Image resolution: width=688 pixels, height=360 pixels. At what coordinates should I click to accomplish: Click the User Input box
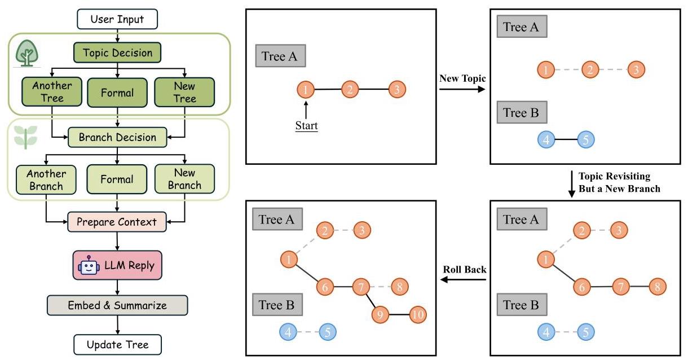point(117,19)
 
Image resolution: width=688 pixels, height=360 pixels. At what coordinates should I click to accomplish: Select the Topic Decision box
point(117,52)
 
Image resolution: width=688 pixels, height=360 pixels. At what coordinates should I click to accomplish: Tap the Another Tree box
point(52,91)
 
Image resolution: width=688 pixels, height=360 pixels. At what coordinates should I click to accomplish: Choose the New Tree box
point(184,92)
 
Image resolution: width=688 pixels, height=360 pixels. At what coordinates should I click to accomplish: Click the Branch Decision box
point(117,137)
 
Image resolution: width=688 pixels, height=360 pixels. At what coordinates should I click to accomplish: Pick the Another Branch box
point(46,180)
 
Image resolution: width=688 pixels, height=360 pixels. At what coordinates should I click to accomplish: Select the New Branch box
point(184,179)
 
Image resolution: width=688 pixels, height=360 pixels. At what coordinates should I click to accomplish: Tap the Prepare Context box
point(117,222)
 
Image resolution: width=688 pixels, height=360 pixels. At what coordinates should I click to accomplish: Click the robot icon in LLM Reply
point(89,266)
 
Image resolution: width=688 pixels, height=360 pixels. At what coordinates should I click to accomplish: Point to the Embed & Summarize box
point(117,305)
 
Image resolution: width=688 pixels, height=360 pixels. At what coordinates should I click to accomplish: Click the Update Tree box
point(117,345)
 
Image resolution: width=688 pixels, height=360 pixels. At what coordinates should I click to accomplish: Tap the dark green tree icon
point(27,53)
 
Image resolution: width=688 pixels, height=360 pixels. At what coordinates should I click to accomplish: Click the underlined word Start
point(307,126)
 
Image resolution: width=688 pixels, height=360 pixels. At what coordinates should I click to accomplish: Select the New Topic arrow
point(462,89)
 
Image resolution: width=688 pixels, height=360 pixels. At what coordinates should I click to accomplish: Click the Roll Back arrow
point(463,279)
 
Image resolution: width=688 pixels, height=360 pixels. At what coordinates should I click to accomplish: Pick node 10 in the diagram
point(418,314)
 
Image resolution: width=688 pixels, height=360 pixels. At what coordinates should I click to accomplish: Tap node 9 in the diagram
point(380,314)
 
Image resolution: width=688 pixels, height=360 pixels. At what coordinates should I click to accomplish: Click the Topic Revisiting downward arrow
point(572,184)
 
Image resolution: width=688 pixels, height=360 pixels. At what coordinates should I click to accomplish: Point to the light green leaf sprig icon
point(26,138)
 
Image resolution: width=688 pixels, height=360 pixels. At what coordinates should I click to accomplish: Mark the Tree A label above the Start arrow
point(280,56)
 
